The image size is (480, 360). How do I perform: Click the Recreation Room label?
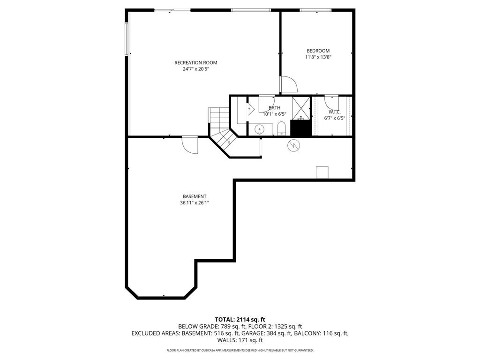point(195,63)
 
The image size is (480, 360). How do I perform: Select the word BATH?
point(274,108)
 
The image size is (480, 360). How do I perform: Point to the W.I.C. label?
point(334,112)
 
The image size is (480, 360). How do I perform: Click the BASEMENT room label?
point(195,196)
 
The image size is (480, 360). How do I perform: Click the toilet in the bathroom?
point(282,128)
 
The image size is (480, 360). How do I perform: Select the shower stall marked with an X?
point(300,108)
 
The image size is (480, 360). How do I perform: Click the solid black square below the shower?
point(301,128)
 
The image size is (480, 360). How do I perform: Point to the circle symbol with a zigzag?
point(293,145)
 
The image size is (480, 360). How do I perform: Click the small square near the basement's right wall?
point(322,172)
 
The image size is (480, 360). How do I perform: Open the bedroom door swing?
point(288,84)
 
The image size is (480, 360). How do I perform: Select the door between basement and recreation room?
point(190,144)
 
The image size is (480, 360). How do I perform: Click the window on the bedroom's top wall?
point(315,10)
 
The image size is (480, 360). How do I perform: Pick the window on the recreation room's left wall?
point(127,40)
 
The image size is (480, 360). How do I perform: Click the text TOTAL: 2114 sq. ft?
point(240,319)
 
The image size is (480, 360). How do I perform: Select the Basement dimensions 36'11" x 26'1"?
point(195,203)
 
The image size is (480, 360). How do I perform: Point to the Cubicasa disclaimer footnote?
point(240,350)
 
